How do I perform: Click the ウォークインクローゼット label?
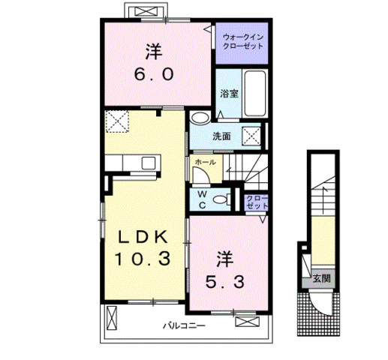click(x=243, y=42)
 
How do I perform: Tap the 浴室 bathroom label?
click(x=229, y=94)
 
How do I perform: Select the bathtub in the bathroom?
click(x=255, y=93)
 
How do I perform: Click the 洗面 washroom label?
click(x=221, y=136)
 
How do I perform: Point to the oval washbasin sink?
click(x=200, y=117)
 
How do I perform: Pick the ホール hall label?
click(x=205, y=162)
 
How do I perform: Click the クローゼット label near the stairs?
click(x=257, y=202)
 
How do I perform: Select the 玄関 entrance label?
click(x=322, y=278)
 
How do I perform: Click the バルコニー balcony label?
click(x=184, y=325)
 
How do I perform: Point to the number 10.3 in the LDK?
click(x=143, y=259)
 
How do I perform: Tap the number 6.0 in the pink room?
click(x=154, y=74)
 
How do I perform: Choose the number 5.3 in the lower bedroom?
click(x=224, y=282)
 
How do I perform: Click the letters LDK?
click(x=143, y=236)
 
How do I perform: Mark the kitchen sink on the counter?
click(x=148, y=163)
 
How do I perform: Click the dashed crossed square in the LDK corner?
click(x=117, y=121)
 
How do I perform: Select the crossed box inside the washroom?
click(x=251, y=136)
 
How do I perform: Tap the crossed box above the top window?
click(x=146, y=11)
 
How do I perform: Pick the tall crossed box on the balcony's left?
click(x=112, y=317)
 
